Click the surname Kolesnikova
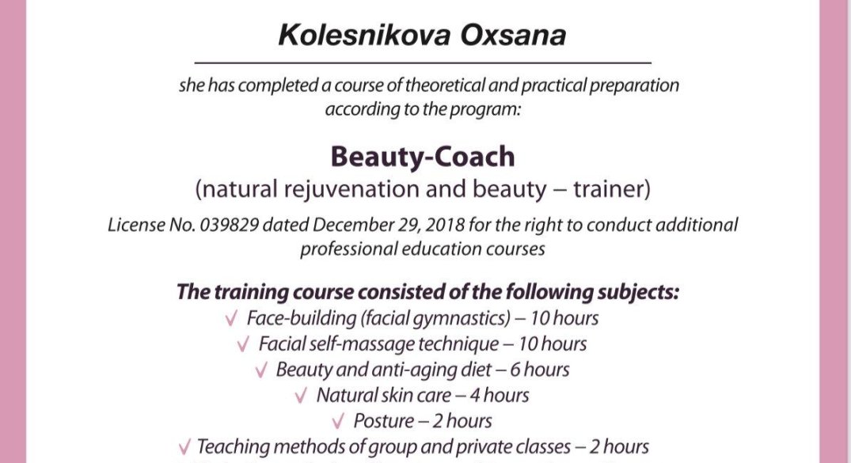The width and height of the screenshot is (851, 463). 364,36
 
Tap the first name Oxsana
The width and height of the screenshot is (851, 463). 514,36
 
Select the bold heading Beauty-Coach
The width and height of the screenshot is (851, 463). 423,157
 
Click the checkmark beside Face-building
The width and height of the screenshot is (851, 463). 231,318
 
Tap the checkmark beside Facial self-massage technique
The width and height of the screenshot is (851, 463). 243,344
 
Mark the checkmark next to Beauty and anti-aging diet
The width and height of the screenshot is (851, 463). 261,370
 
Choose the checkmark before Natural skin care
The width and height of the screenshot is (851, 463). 301,396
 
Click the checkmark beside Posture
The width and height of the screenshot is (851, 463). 338,422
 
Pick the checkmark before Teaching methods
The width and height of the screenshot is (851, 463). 184,447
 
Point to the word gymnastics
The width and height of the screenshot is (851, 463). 462,319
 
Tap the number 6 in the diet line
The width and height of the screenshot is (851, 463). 515,370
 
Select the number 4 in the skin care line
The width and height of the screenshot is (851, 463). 475,396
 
